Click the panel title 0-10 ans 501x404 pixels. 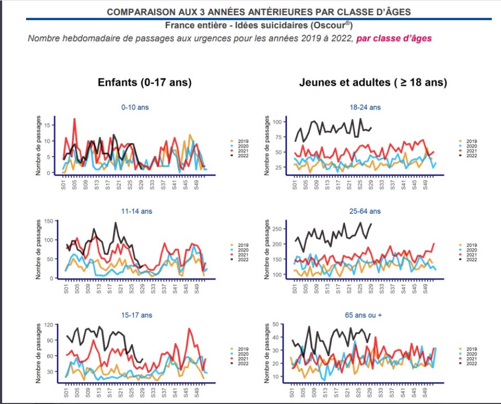[135, 108]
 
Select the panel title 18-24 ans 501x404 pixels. [365, 108]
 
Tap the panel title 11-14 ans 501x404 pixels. [135, 212]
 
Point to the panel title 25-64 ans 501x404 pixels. [365, 212]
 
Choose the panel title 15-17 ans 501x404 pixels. [135, 315]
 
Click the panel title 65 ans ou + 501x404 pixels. [365, 315]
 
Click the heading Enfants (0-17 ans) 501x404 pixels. [145, 83]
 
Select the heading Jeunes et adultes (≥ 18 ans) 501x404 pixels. [372, 83]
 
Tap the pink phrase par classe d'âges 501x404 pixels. [393, 38]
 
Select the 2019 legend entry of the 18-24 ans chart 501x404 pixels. [471, 141]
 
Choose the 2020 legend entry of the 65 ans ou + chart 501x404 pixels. [471, 354]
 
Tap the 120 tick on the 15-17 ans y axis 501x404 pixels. [49, 324]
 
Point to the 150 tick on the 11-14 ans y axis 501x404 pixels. [49, 221]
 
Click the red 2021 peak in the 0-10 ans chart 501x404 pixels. [74, 119]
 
